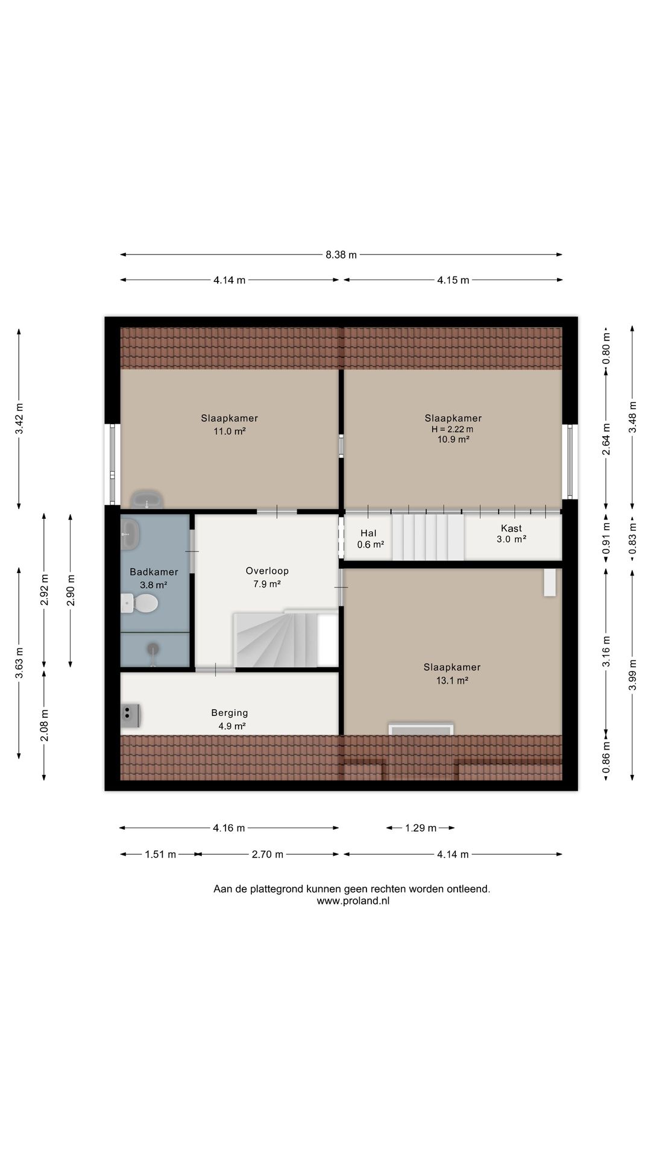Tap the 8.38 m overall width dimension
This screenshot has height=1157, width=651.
pyautogui.click(x=341, y=255)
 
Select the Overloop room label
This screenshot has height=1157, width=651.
pyautogui.click(x=267, y=571)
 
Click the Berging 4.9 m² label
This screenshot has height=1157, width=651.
pyautogui.click(x=230, y=720)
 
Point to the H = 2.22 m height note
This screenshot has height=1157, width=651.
pyautogui.click(x=452, y=429)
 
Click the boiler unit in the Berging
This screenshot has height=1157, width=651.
pyautogui.click(x=130, y=715)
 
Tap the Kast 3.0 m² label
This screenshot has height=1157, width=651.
pyautogui.click(x=511, y=534)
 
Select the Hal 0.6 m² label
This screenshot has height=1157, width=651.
pyautogui.click(x=370, y=539)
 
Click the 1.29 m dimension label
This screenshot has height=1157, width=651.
pyautogui.click(x=421, y=828)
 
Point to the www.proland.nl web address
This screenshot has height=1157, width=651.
pyautogui.click(x=353, y=901)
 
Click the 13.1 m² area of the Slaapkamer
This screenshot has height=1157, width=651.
pyautogui.click(x=452, y=680)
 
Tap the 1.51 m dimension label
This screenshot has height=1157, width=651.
pyautogui.click(x=160, y=854)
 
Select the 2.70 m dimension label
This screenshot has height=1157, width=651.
pyautogui.click(x=267, y=854)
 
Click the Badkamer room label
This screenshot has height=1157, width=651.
pyautogui.click(x=154, y=572)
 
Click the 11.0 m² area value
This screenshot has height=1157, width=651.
pyautogui.click(x=230, y=431)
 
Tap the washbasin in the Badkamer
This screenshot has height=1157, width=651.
pyautogui.click(x=130, y=534)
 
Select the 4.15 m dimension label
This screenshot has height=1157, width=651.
pyautogui.click(x=453, y=280)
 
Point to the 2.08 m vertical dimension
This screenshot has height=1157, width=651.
pyautogui.click(x=44, y=726)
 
